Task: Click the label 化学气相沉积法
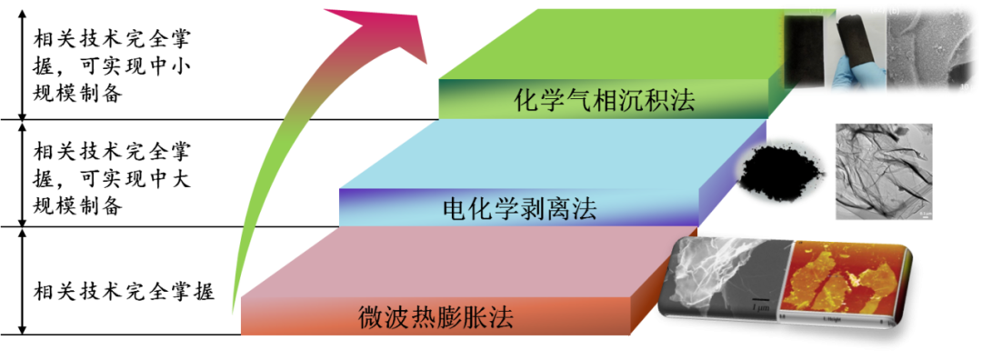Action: [604, 99]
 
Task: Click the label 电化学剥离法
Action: [519, 209]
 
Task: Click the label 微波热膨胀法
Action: [436, 318]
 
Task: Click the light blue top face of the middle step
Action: [546, 155]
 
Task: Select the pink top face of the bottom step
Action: [455, 264]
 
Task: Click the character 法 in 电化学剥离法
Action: [585, 209]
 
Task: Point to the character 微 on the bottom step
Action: [370, 318]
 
